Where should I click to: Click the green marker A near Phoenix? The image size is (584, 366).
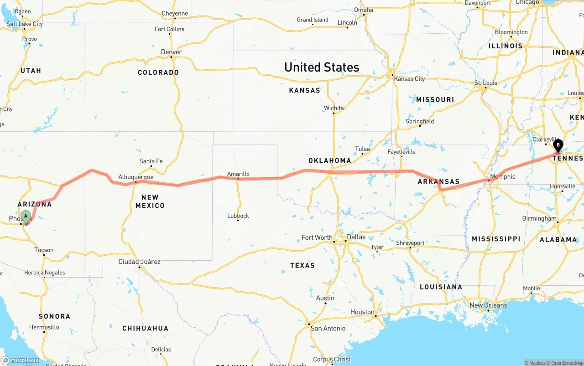pos(26,216)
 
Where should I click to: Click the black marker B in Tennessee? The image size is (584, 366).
pos(558,145)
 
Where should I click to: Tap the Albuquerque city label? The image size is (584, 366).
pos(136,177)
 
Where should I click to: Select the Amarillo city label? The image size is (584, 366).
pos(238,174)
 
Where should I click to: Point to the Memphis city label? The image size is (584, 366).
pos(502,176)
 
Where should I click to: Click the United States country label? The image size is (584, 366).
pos(322,67)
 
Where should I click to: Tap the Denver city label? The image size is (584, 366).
pos(171,52)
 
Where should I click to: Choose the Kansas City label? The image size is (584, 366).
pos(409,79)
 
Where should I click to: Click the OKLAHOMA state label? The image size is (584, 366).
pos(330,160)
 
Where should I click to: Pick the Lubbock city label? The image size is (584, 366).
pos(238,216)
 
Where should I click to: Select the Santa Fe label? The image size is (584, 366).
pos(151,161)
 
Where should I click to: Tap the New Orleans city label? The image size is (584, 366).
pos(488,305)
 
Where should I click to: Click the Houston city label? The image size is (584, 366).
pos(362,312)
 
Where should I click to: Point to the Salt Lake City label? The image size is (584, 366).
pos(25,24)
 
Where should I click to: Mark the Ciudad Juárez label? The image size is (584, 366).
pos(139,262)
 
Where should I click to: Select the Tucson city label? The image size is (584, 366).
pos(44,250)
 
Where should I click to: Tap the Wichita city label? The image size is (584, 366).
pos(334,108)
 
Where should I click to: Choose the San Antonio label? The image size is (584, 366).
pos(328,328)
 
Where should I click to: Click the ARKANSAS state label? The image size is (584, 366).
pos(438,181)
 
